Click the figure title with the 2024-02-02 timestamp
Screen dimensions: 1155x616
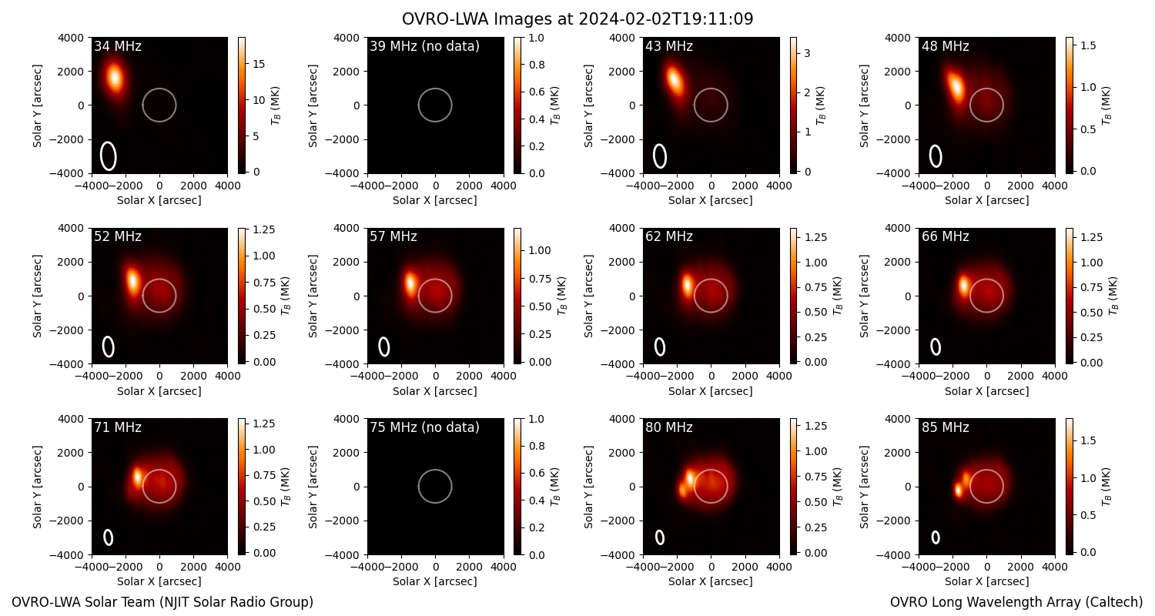tap(577, 19)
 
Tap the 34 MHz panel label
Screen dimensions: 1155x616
tap(118, 46)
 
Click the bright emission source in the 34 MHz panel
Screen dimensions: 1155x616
tap(115, 77)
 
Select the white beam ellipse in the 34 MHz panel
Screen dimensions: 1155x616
tap(109, 156)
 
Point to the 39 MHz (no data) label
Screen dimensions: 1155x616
tap(424, 46)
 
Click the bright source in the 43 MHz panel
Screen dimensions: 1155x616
tap(674, 80)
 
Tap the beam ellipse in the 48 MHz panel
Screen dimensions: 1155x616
tap(936, 156)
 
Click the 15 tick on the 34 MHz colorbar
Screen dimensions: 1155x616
tap(258, 64)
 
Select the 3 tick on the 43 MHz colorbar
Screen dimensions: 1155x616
tap(807, 53)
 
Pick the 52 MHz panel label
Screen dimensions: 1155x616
tap(118, 236)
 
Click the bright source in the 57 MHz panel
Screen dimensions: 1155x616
tap(410, 283)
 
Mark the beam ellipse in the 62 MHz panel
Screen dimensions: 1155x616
tap(659, 346)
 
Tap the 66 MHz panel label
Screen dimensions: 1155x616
tap(945, 236)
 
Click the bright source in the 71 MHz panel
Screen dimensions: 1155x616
tap(137, 477)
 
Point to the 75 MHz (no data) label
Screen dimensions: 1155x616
tap(424, 427)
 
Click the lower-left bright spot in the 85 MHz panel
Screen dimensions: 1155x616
tap(958, 490)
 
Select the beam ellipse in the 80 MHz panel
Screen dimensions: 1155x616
tap(659, 537)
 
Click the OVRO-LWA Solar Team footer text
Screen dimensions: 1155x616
tap(162, 602)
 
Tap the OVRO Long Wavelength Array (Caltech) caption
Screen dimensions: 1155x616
tap(1016, 602)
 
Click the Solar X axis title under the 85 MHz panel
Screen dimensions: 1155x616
tap(986, 581)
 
